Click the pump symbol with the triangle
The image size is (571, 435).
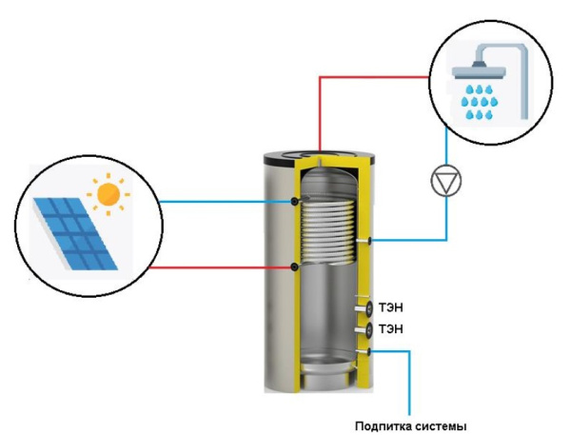(x=444, y=182)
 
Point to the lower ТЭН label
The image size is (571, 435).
(x=391, y=329)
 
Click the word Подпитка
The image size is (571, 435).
(x=385, y=425)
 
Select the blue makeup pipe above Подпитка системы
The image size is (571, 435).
(x=410, y=381)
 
